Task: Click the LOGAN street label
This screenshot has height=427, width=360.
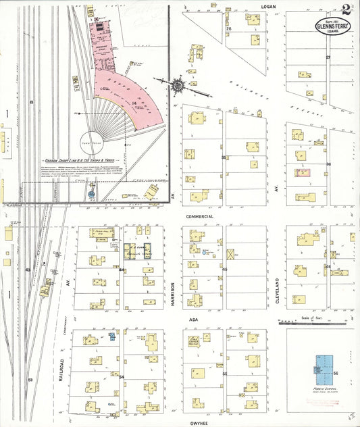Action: [x=270, y=5]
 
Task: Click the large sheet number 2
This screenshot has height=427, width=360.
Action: [x=346, y=9]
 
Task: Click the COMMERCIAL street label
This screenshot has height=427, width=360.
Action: [x=199, y=216]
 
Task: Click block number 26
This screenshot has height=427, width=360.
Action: [x=229, y=29]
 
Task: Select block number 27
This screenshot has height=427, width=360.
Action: [x=328, y=57]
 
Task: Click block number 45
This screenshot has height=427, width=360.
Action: [x=224, y=269]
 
